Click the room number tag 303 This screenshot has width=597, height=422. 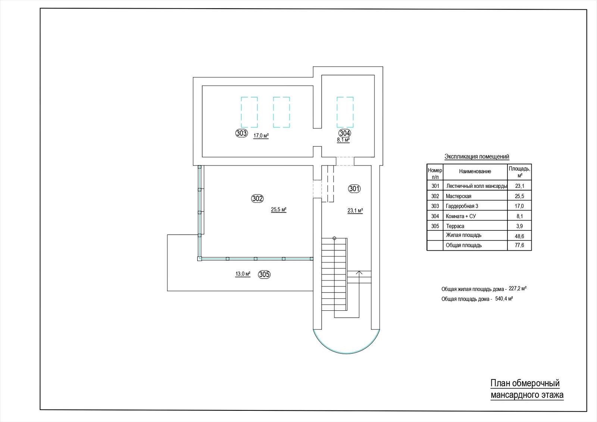click(x=241, y=133)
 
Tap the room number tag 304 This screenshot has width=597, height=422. click(x=345, y=133)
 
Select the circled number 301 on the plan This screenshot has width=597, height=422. click(x=354, y=189)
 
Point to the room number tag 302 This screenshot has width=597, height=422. click(x=257, y=198)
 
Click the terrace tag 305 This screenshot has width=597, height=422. click(x=264, y=274)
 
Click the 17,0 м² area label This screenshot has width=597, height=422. click(x=261, y=136)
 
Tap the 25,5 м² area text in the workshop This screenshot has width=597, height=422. click(x=278, y=210)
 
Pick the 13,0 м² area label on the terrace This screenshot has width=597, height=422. click(x=243, y=274)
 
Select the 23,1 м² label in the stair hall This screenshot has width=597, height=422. click(x=355, y=211)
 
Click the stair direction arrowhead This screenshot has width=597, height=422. click(x=359, y=272)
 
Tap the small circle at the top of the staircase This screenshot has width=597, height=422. click(x=334, y=238)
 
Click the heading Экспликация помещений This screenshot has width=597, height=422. click(x=477, y=156)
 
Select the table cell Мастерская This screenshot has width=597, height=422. click(x=459, y=196)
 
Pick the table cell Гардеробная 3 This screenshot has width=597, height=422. click(x=462, y=206)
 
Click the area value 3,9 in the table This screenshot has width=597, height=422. click(x=519, y=226)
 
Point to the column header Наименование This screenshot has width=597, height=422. click(x=475, y=171)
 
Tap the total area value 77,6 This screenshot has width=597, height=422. click(x=519, y=245)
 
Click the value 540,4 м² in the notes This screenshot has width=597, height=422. click(x=504, y=299)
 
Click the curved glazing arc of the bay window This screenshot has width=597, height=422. click(x=346, y=353)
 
